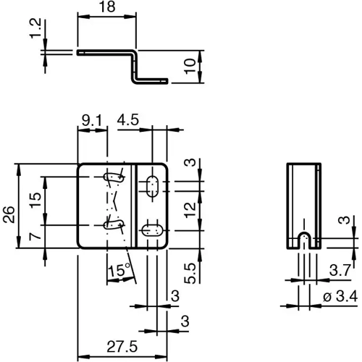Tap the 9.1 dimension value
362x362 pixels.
pyautogui.click(x=91, y=120)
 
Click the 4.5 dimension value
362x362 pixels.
pyautogui.click(x=129, y=120)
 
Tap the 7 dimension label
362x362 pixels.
pyautogui.click(x=35, y=237)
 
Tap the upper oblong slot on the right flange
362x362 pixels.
pyautogui.click(x=152, y=185)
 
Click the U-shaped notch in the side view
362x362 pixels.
pyautogui.click(x=304, y=240)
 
